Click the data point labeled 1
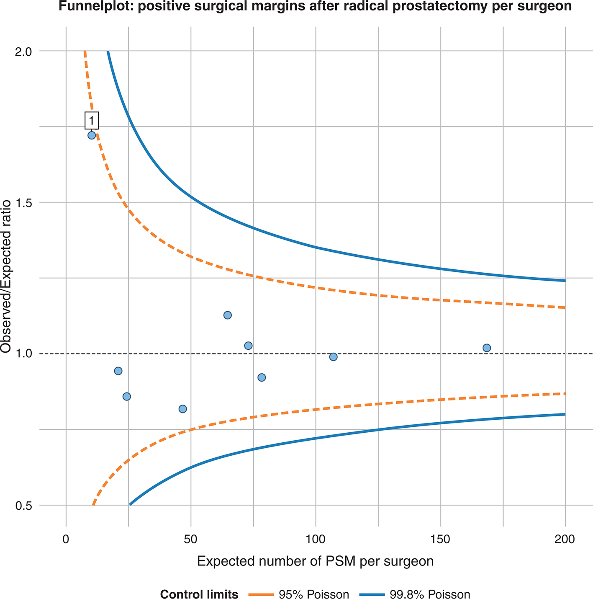pyautogui.click(x=92, y=135)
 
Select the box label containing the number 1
pyautogui.click(x=92, y=121)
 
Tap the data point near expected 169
pyautogui.click(x=486, y=348)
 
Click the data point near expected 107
pyautogui.click(x=333, y=357)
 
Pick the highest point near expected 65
pyautogui.click(x=228, y=315)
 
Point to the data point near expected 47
pyautogui.click(x=182, y=409)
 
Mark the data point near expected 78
pyautogui.click(x=262, y=377)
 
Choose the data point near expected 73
pyautogui.click(x=248, y=346)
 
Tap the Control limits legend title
pyautogui.click(x=199, y=583)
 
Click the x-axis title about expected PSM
pyautogui.click(x=315, y=561)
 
